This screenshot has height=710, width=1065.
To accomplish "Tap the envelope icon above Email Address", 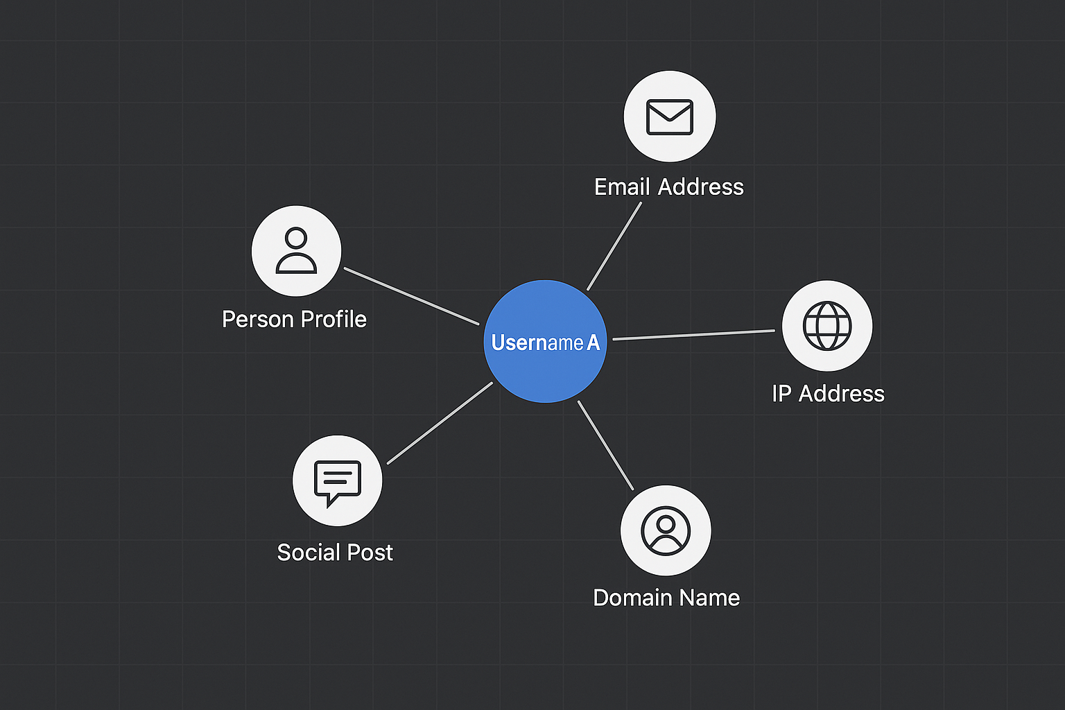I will (670, 116).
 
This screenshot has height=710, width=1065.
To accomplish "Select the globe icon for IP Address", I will (827, 326).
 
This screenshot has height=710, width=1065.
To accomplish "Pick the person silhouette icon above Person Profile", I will (296, 251).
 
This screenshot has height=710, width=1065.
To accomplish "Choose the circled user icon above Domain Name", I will (666, 530).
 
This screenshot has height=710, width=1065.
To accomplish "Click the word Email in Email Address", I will (622, 187).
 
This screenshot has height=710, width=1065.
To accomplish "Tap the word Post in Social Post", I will (370, 553).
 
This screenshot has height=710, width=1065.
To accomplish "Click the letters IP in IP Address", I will (781, 394).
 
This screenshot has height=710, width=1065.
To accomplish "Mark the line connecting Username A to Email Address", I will (614, 245).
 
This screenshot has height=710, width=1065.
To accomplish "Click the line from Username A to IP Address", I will (693, 335).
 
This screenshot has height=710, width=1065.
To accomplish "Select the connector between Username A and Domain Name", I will (605, 445).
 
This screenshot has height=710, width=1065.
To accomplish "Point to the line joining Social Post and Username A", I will (440, 423).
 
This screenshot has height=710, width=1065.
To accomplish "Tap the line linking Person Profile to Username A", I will (412, 296).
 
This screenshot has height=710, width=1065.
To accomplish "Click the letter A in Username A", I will (593, 343).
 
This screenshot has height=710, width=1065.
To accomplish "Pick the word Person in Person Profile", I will (258, 320).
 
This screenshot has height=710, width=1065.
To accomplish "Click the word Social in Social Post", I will (309, 553).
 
